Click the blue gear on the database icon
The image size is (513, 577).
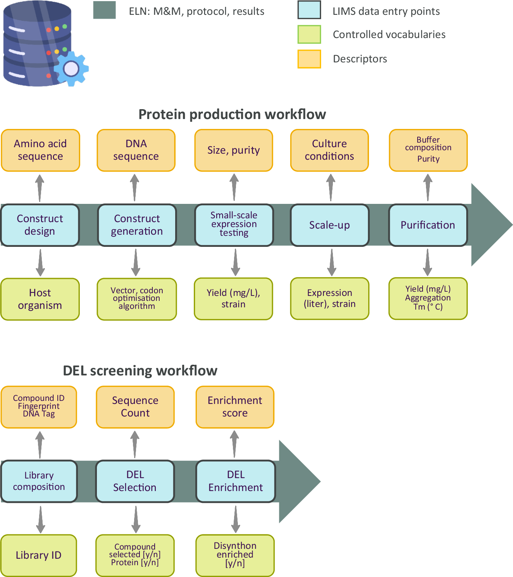coord(71,69)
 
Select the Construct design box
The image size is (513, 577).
coord(40,225)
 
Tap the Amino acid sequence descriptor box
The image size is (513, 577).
coord(40,150)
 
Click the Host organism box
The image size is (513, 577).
coord(40,299)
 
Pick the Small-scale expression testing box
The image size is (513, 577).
coord(234,225)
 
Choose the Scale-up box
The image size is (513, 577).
coord(329,225)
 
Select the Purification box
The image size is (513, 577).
coord(428,225)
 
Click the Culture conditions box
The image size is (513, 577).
coord(329,150)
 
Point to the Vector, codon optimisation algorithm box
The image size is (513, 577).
coord(137,299)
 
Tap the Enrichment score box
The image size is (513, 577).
coord(235,407)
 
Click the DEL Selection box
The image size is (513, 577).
coord(135,481)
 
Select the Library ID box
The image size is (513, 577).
coord(39,555)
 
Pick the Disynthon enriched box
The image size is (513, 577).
coord(235,555)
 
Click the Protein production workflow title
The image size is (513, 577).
coord(232,114)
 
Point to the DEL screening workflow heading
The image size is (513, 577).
coord(140,371)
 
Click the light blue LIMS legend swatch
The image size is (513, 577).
coord(309,10)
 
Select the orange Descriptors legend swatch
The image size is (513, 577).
coord(309,59)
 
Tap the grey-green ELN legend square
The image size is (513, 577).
coord(104,10)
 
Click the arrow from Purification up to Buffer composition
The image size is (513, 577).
coord(428,188)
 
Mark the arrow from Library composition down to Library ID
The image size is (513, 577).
coord(40,519)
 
